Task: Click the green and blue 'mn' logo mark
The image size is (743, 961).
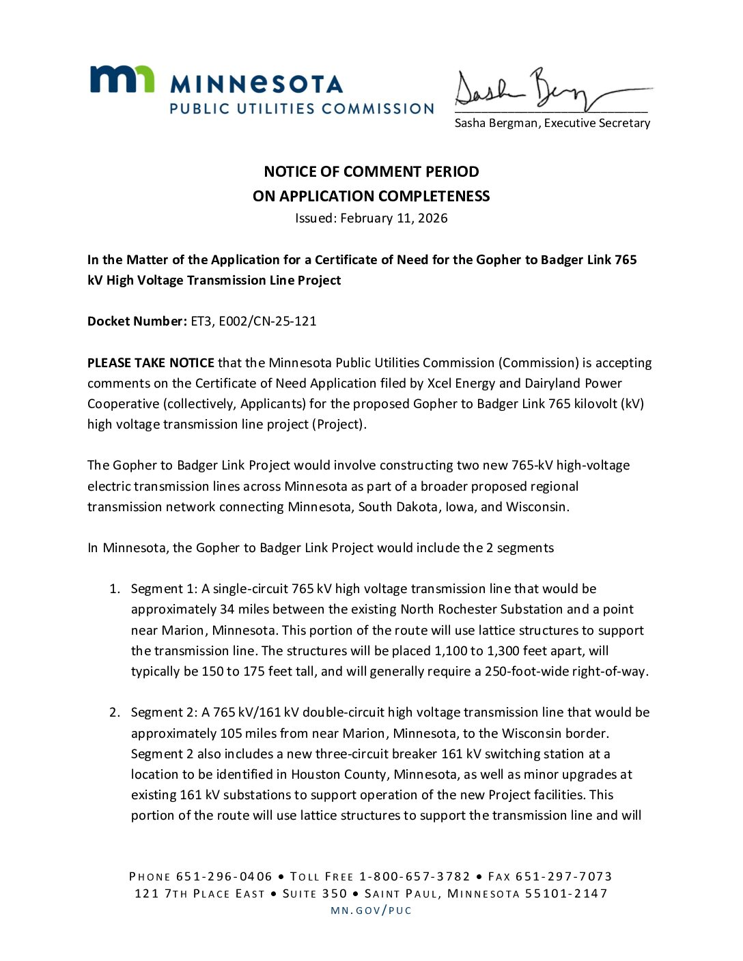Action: point(122,79)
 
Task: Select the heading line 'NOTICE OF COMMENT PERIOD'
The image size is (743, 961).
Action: point(371,171)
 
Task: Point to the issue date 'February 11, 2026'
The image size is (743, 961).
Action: point(394,218)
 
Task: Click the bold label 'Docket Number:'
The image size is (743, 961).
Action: point(137,321)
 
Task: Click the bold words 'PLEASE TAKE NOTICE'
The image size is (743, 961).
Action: point(150,363)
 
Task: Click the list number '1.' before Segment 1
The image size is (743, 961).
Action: point(115,589)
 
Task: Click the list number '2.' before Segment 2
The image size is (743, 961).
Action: point(115,713)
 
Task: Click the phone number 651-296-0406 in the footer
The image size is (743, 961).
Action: point(224,876)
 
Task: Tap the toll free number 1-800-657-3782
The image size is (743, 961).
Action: point(415,876)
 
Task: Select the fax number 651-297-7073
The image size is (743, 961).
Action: point(563,876)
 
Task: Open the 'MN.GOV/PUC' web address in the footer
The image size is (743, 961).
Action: point(371,910)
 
